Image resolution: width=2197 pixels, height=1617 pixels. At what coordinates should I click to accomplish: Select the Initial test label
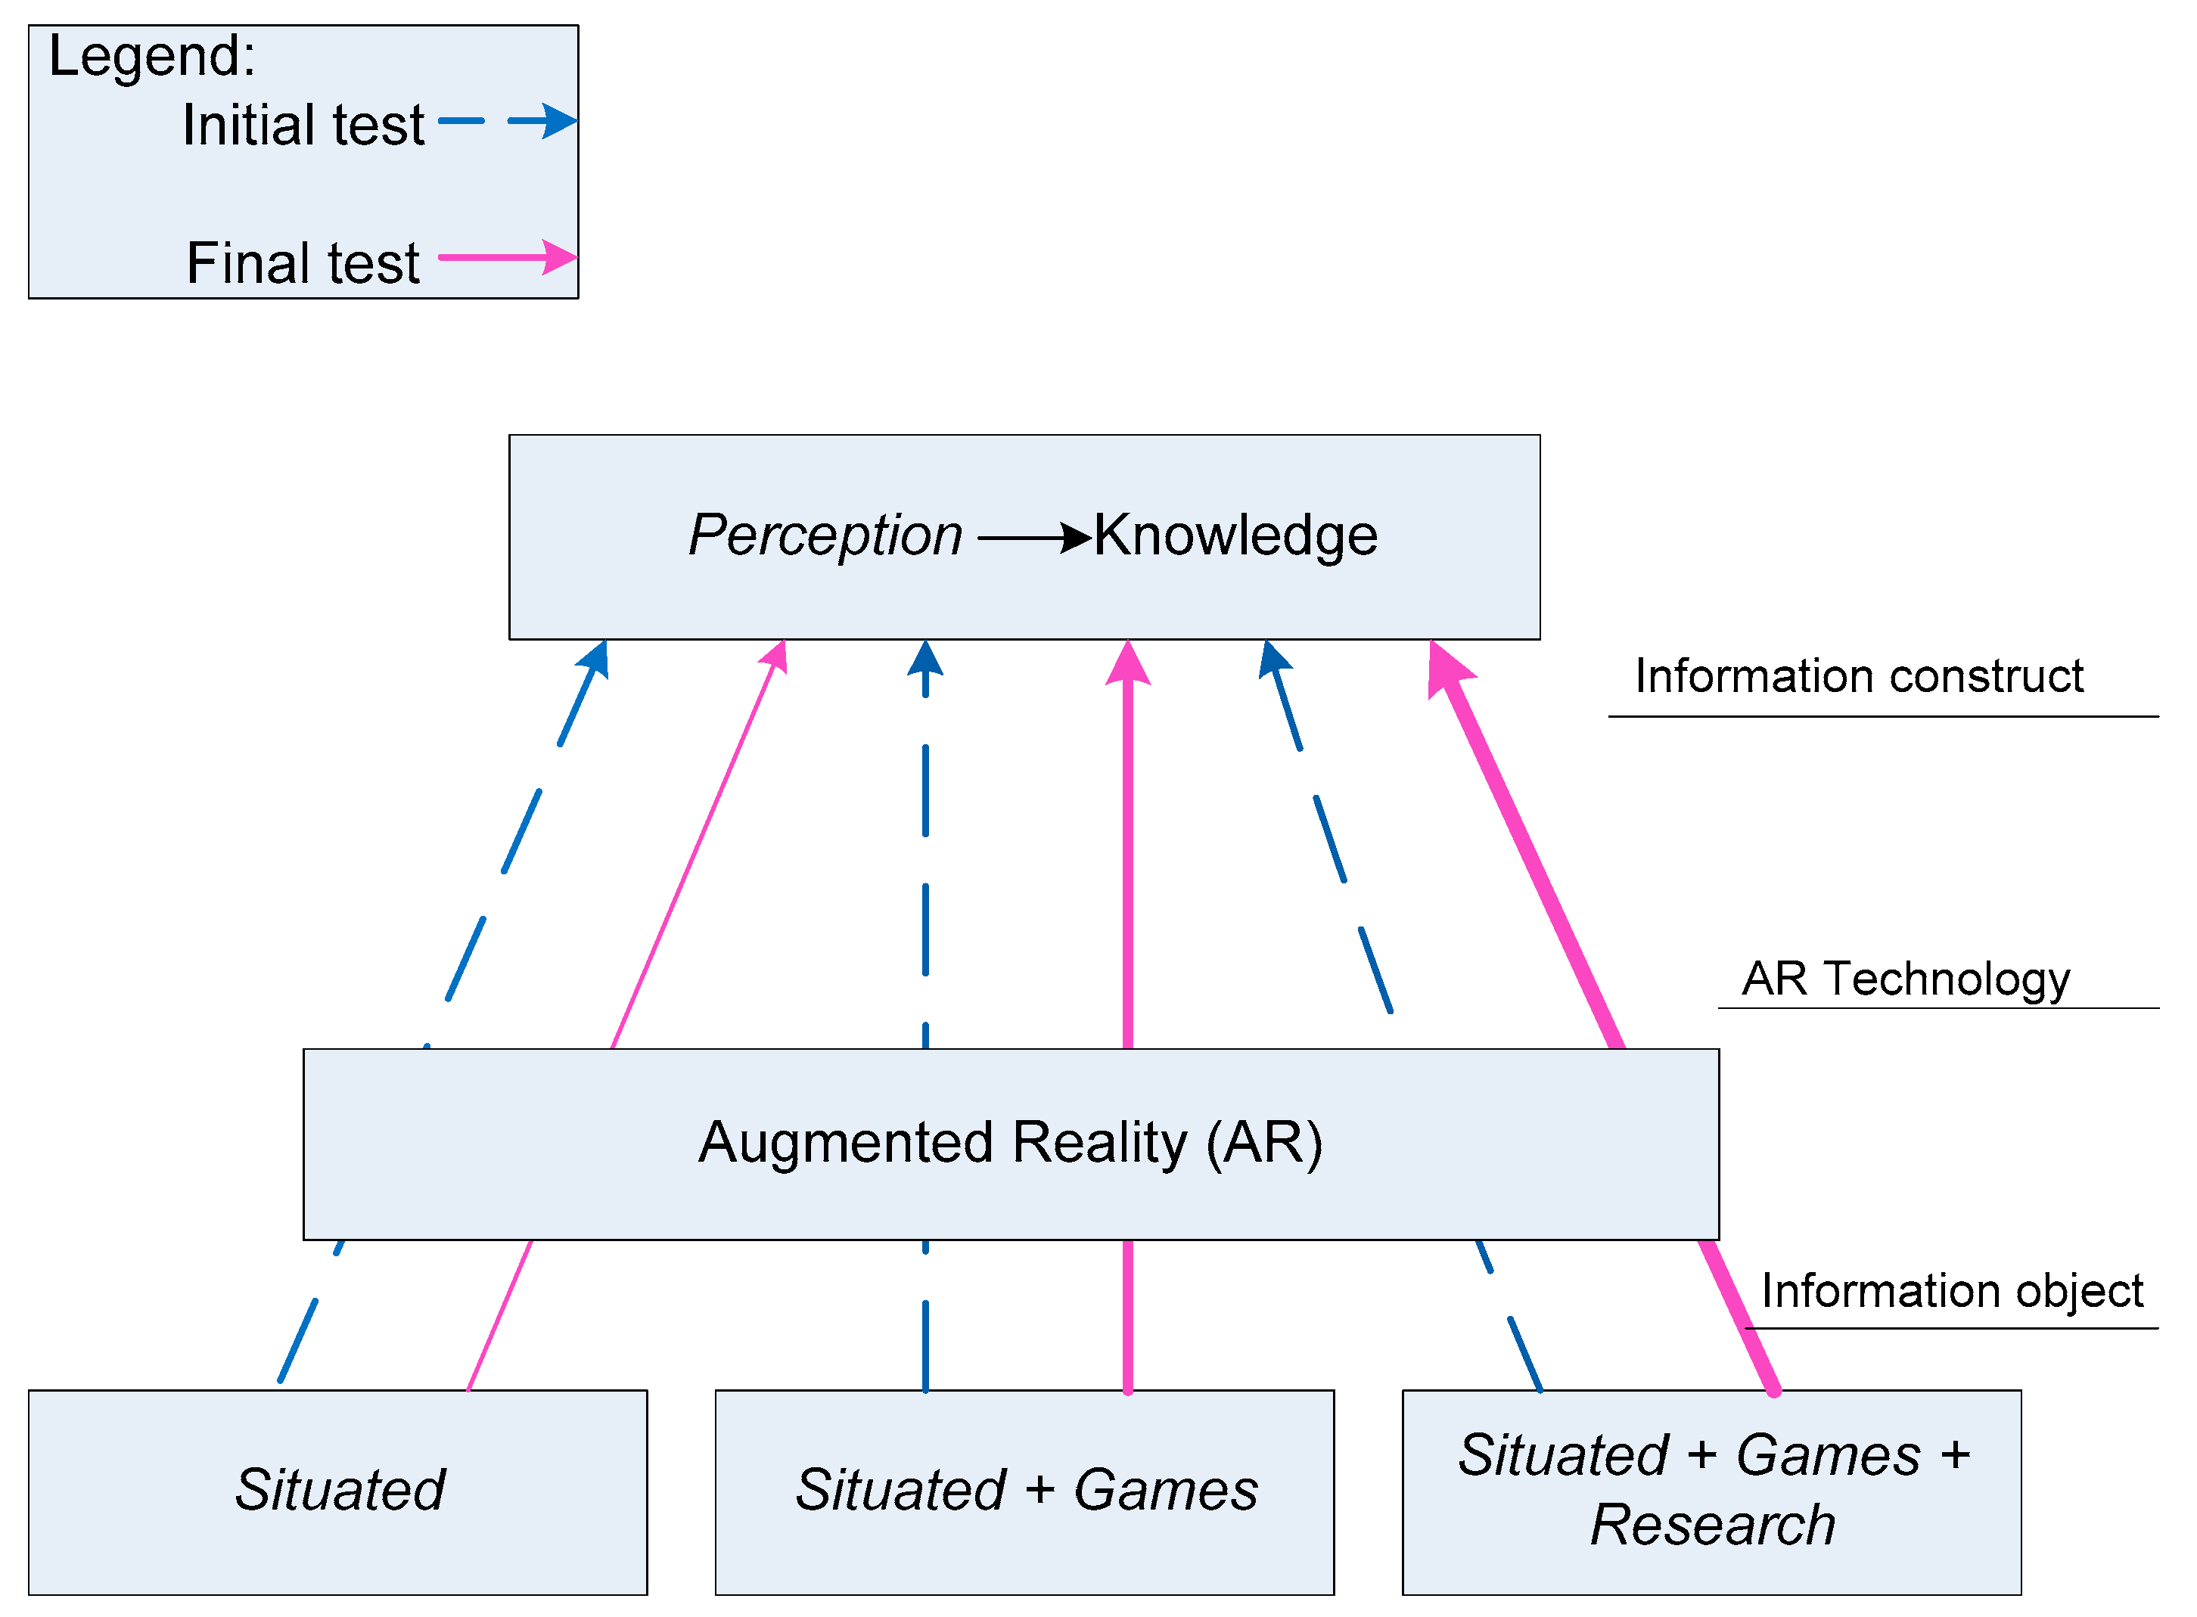[303, 126]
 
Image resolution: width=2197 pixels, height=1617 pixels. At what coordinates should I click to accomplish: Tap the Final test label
[303, 263]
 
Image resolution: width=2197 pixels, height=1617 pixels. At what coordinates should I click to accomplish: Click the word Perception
[825, 535]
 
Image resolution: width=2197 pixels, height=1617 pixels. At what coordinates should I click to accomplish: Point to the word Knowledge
[1235, 535]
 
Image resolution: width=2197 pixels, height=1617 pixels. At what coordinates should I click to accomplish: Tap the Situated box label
[339, 1490]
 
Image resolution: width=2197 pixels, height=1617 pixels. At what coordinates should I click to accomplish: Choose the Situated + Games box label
[1025, 1490]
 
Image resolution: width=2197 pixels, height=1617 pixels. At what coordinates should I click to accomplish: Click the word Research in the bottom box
[1711, 1525]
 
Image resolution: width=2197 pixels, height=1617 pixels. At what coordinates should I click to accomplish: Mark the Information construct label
[1858, 676]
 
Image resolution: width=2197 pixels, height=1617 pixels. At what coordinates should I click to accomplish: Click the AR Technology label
[1905, 979]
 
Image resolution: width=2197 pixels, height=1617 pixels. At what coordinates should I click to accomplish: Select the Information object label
[1951, 1291]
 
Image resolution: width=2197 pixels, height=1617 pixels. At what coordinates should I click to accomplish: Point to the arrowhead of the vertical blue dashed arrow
[925, 658]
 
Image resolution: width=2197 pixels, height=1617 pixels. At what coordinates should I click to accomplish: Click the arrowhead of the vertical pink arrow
[1128, 663]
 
